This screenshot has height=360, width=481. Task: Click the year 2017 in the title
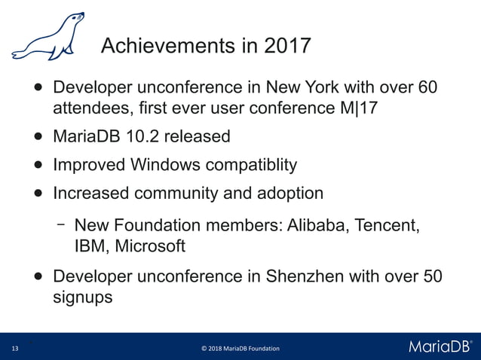pos(286,46)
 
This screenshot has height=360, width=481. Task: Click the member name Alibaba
pos(313,225)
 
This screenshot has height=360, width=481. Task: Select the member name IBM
pos(89,246)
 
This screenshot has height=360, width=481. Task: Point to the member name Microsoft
pos(149,246)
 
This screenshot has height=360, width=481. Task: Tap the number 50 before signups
pos(433,276)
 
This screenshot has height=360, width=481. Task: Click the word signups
pos(82,297)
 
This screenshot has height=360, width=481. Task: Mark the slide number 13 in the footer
pos(14,349)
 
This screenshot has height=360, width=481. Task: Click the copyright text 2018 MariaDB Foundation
pos(240,349)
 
